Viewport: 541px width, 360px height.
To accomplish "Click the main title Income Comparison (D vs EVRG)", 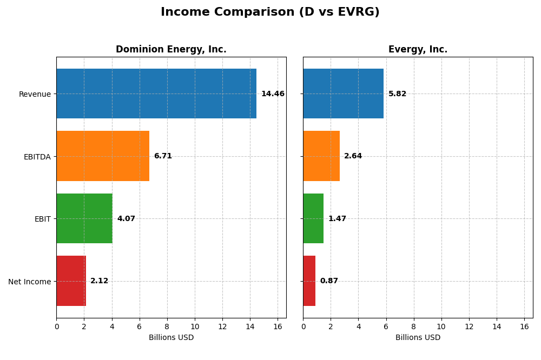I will point(270,12).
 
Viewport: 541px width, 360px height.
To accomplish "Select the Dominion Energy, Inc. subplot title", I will point(171,50).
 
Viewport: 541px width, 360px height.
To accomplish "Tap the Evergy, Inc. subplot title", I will point(418,50).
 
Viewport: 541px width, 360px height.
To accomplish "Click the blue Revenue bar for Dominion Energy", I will point(156,94).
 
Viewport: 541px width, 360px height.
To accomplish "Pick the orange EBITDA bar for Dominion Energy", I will point(103,156).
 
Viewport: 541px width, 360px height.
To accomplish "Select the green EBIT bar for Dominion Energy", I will point(84,218).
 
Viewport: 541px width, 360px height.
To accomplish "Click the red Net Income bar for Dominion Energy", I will point(71,281).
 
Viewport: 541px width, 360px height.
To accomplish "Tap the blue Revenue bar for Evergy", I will point(343,94).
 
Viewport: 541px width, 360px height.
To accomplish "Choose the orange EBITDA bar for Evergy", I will point(321,156).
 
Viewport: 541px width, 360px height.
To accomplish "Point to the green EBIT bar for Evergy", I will point(313,218).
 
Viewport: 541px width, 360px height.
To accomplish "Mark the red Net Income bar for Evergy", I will point(309,281).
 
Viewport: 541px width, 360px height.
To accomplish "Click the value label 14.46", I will point(273,94).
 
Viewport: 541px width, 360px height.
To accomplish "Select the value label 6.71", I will point(163,156).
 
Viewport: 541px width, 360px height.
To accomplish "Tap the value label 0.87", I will point(329,281).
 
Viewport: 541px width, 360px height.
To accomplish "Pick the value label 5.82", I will point(397,94).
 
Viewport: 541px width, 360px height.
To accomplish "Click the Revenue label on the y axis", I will point(35,95).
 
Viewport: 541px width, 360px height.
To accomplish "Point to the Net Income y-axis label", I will point(29,282).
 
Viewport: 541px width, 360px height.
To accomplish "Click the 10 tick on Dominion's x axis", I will point(195,327).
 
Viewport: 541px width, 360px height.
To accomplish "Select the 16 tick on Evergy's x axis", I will point(524,327).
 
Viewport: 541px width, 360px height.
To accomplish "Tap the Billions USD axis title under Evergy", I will point(418,338).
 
